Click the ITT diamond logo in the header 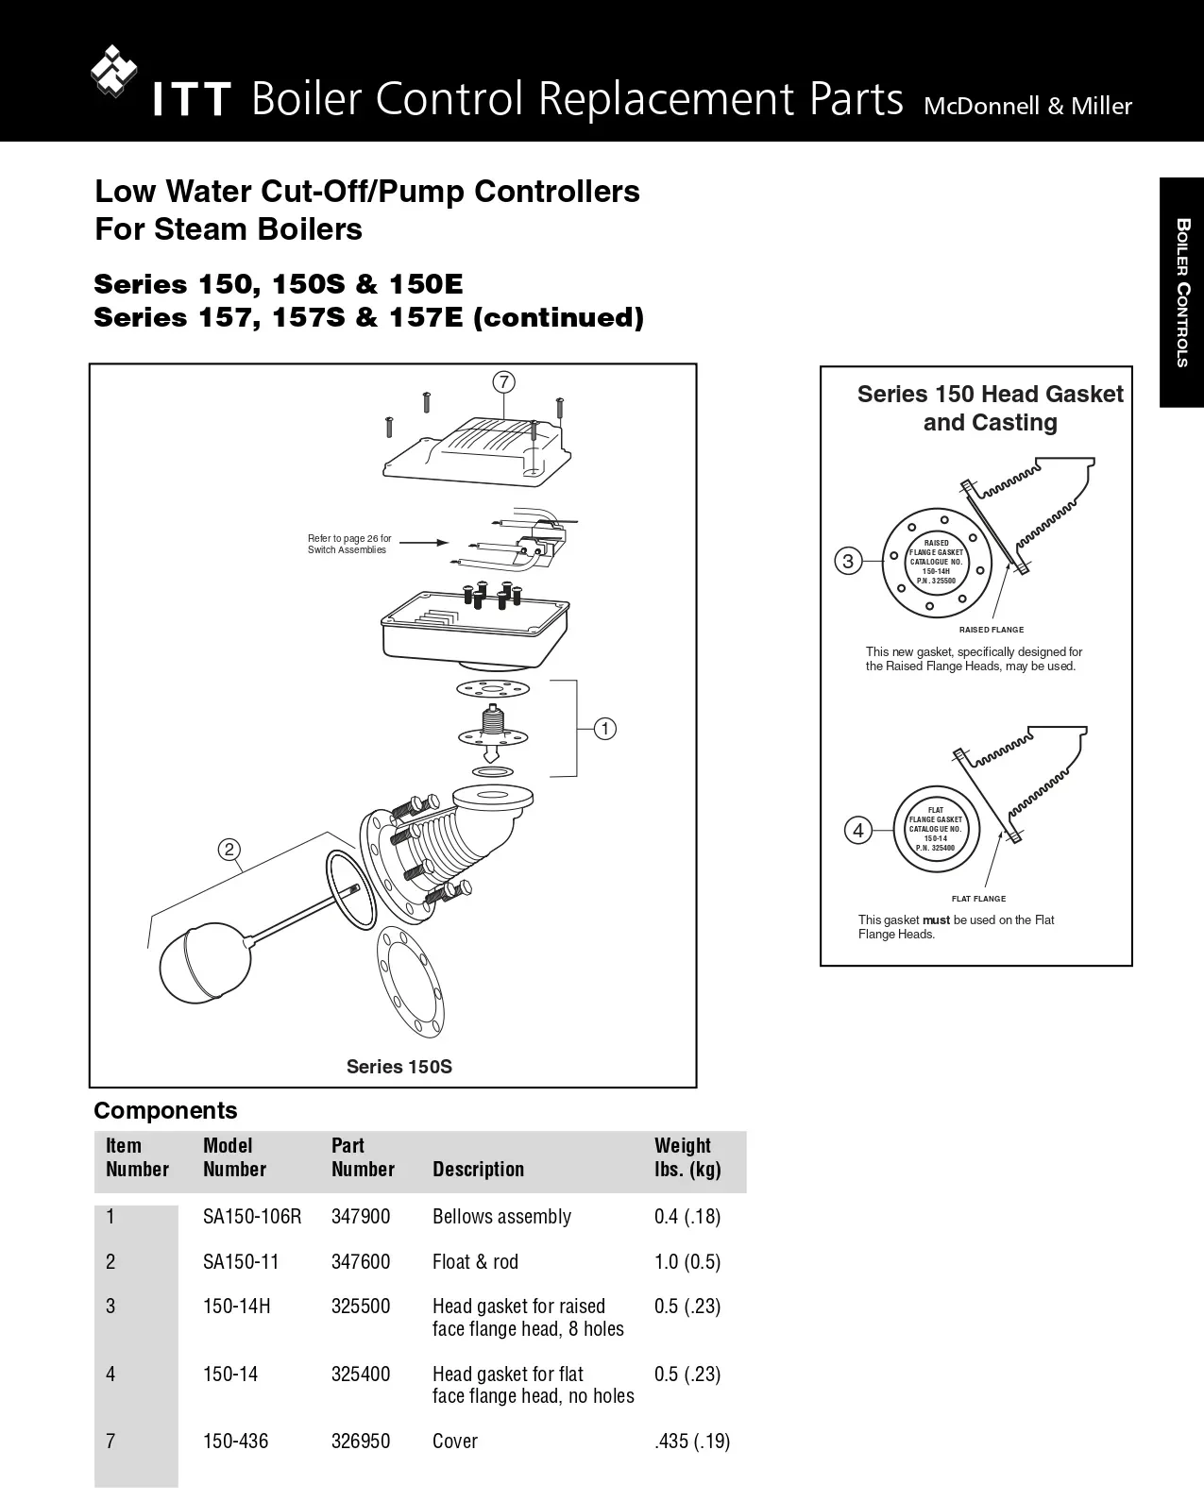point(114,71)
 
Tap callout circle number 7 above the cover point(504,382)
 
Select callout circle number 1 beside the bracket point(604,729)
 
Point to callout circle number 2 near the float point(229,850)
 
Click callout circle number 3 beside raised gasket point(848,562)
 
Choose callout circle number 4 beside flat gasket point(857,831)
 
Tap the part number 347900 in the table point(360,1217)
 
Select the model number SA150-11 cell point(241,1262)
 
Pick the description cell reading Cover point(454,1442)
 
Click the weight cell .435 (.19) point(692,1442)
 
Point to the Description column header point(478,1170)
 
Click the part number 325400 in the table point(360,1375)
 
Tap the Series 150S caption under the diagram point(399,1067)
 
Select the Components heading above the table point(165,1110)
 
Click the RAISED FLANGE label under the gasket point(991,630)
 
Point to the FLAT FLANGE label point(978,899)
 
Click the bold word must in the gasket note point(936,920)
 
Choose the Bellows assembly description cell point(501,1217)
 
